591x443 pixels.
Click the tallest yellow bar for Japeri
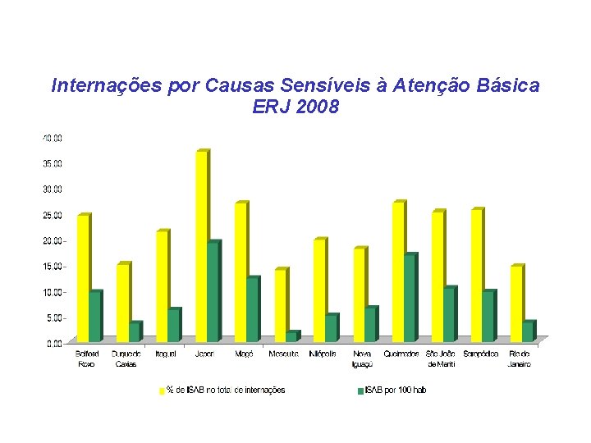[x=201, y=246]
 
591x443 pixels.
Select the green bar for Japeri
[x=213, y=292]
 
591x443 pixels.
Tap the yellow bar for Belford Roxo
[x=83, y=278]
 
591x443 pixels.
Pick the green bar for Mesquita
[x=291, y=336]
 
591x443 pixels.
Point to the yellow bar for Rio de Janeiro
[x=516, y=304]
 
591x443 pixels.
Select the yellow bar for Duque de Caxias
[x=122, y=303]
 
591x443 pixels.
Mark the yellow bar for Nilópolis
[x=319, y=290]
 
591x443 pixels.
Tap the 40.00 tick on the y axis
[x=53, y=138]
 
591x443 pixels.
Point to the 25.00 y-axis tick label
[x=53, y=215]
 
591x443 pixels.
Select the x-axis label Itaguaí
[x=166, y=354]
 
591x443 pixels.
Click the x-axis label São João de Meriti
[x=441, y=359]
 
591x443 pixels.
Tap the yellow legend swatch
[x=162, y=391]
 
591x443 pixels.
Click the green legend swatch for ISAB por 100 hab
[x=360, y=391]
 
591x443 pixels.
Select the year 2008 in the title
[x=317, y=107]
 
